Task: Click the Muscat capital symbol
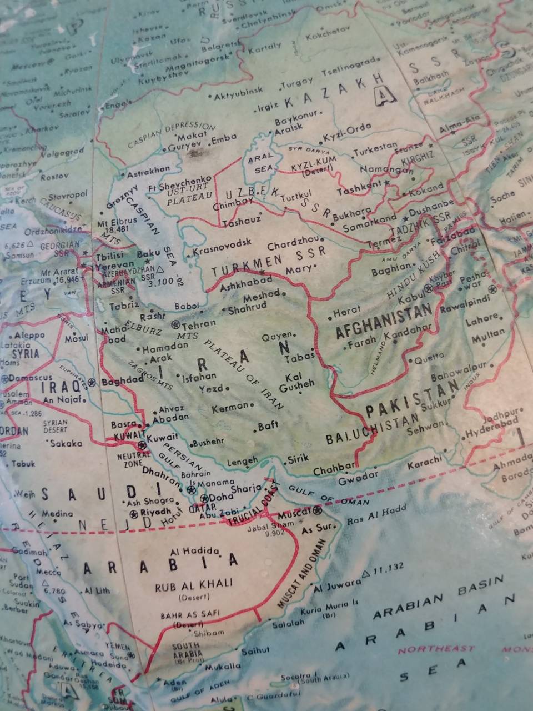point(318,510)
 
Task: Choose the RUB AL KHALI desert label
point(194,585)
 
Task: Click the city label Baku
point(148,254)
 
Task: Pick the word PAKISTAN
point(412,400)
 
